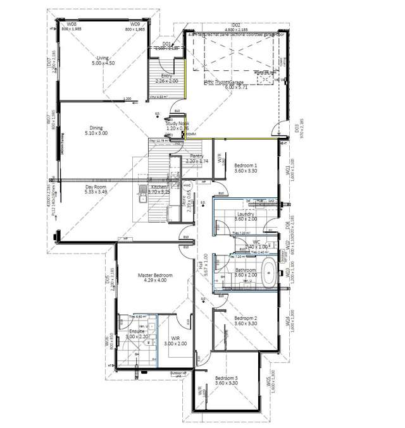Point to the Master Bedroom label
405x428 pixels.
point(153,276)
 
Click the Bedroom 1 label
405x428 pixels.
point(246,164)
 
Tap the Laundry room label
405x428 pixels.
point(246,214)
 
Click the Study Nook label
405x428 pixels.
point(178,124)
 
